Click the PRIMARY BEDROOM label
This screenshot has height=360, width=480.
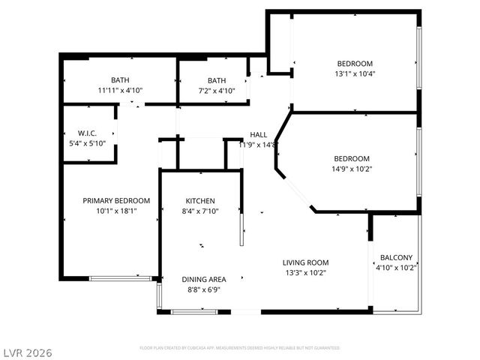pyautogui.click(x=116, y=200)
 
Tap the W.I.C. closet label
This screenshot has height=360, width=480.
pyautogui.click(x=87, y=133)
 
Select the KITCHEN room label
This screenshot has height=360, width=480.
pyautogui.click(x=200, y=201)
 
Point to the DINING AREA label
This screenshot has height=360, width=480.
pyautogui.click(x=204, y=279)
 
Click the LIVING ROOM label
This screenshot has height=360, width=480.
pyautogui.click(x=305, y=262)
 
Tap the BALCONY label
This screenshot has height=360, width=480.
pyautogui.click(x=396, y=257)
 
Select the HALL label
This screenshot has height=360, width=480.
pyautogui.click(x=259, y=135)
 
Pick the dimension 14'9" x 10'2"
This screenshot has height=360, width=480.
pyautogui.click(x=352, y=169)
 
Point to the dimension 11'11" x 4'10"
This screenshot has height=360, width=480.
pyautogui.click(x=120, y=90)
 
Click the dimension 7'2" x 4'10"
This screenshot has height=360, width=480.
pyautogui.click(x=217, y=90)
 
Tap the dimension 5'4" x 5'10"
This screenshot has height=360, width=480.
pyautogui.click(x=88, y=143)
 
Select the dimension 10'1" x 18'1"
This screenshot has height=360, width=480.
pyautogui.click(x=116, y=211)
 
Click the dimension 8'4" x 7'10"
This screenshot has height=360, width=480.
pyautogui.click(x=200, y=211)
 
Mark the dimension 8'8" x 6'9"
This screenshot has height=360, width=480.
pyautogui.click(x=204, y=289)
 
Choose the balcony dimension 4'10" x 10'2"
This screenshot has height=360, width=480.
pyautogui.click(x=396, y=267)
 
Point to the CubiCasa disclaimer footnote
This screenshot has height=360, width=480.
pyautogui.click(x=239, y=348)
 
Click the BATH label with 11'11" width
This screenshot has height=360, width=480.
pyautogui.click(x=120, y=80)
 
